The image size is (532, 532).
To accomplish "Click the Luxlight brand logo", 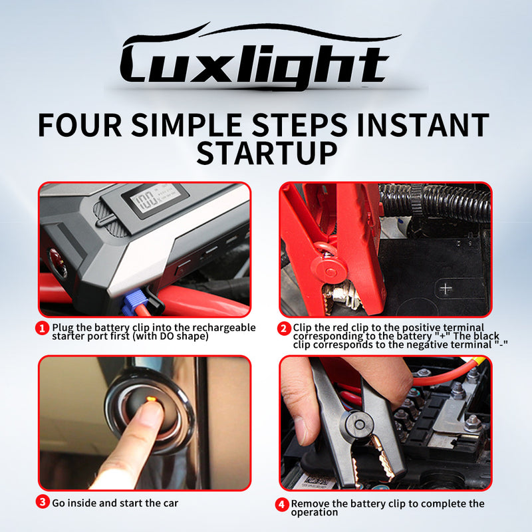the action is pos(258,56).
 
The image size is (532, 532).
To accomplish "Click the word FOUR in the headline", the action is pos(80,125).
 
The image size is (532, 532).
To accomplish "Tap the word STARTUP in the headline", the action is pos(267,153).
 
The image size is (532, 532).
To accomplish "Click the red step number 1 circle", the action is pos(43,329).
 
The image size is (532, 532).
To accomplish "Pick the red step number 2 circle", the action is pos(284,329).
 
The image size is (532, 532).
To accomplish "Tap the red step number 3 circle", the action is pos(43,502).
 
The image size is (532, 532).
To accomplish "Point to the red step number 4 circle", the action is pos(282,505).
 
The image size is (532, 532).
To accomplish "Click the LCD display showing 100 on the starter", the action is pos(155,200).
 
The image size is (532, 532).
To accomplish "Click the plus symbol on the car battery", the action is pos(446,289).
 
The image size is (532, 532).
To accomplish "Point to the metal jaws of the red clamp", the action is pos(342,296).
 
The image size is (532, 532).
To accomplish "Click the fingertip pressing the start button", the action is pos(149,412).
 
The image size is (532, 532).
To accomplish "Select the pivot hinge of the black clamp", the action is pos(359,424).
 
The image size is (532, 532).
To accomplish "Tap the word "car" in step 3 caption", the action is pos(171,503).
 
